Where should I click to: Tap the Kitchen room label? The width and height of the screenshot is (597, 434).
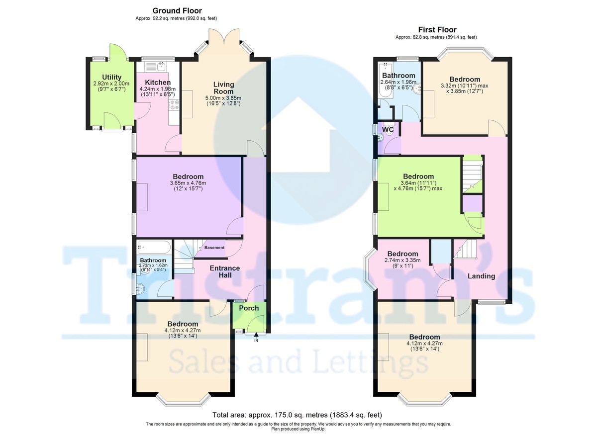158,83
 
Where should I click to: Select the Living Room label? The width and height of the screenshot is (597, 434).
223,88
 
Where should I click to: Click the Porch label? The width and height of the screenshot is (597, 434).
249,308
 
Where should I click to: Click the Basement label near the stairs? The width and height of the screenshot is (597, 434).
214,248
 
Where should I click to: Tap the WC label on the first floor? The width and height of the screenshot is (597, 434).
388,130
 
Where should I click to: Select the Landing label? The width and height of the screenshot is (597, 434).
481,276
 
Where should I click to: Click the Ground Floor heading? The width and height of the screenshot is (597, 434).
177,10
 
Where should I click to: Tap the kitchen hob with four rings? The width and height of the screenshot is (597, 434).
175,104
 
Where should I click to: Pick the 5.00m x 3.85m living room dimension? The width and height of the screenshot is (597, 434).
223,98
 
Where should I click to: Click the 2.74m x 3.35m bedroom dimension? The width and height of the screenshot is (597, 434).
402,260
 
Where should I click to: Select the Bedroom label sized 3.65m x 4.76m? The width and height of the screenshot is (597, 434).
188,176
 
